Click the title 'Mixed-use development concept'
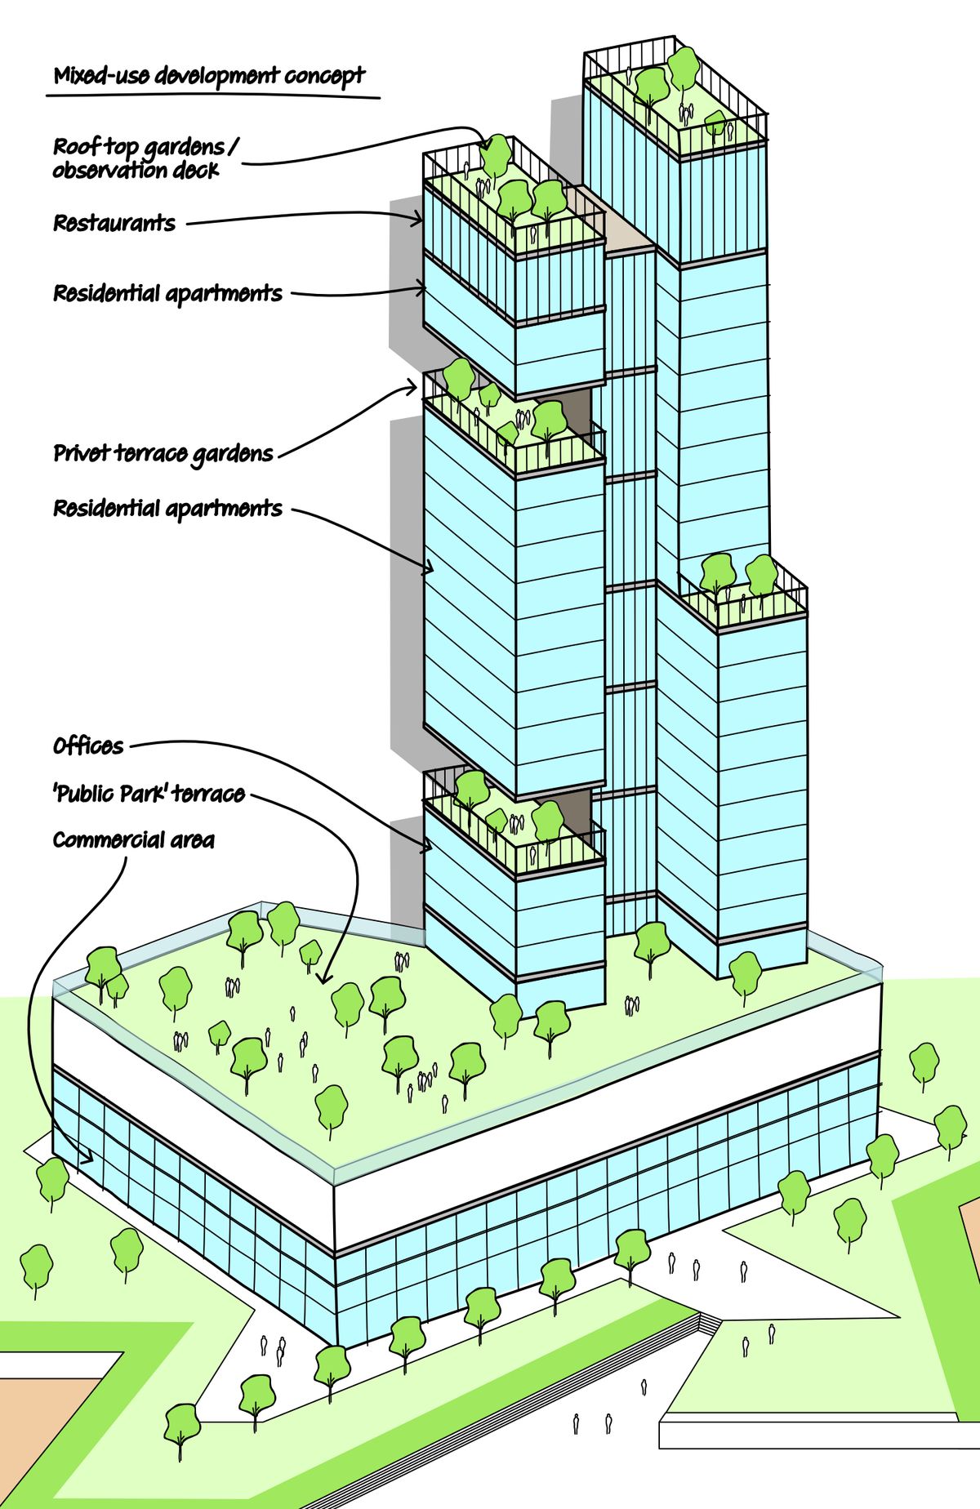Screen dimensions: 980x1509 (x=209, y=77)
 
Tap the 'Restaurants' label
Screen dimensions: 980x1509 (x=114, y=223)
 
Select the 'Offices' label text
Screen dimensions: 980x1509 (x=88, y=746)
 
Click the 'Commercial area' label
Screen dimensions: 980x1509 (x=133, y=840)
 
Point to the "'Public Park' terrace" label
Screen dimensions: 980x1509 (x=149, y=793)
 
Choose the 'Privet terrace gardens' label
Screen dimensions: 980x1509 (x=163, y=454)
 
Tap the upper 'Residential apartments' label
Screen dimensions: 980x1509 (x=167, y=293)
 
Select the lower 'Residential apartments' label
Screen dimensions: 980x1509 (x=167, y=508)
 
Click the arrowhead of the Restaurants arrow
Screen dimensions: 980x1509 (x=418, y=218)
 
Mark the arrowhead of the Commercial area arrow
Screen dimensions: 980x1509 (x=87, y=1157)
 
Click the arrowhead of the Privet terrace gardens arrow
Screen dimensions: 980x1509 (x=412, y=387)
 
